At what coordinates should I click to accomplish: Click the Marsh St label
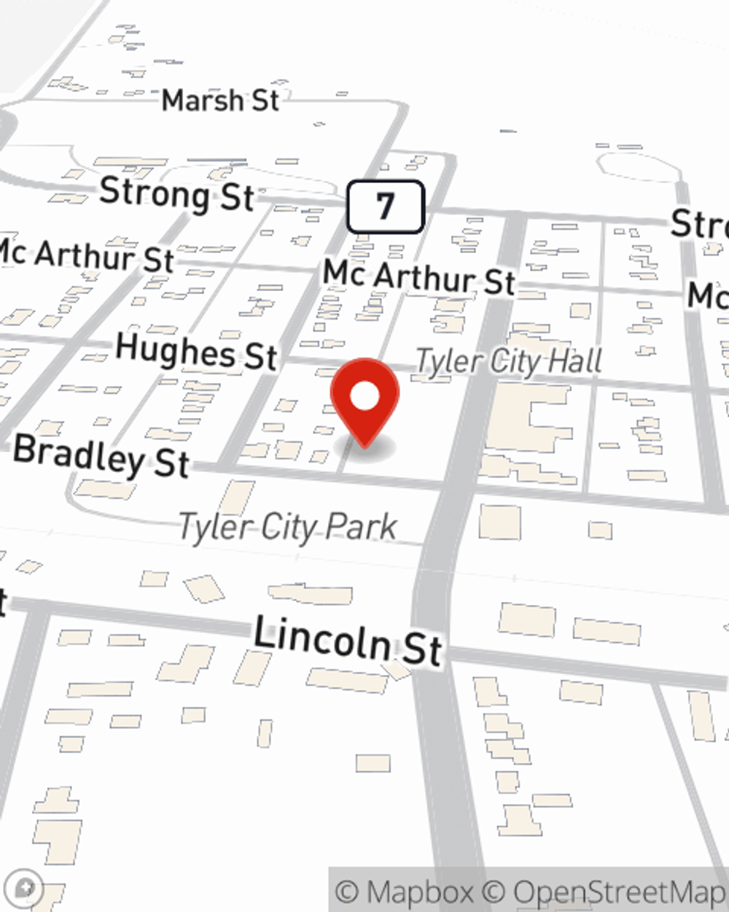click(x=220, y=100)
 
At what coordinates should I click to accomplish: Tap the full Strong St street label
click(x=176, y=194)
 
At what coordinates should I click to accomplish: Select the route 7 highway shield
click(x=385, y=206)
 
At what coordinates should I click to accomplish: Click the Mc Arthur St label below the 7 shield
click(x=419, y=278)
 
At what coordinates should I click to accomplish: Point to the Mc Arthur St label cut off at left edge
click(x=86, y=255)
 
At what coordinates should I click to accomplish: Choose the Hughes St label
click(x=196, y=351)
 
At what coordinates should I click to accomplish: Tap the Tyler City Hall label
click(x=509, y=361)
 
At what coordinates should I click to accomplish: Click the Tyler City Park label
click(x=289, y=527)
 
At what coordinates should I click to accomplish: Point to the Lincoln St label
click(x=348, y=640)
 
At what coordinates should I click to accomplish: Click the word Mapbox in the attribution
click(x=419, y=892)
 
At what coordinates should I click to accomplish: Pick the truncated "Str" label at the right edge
click(x=699, y=223)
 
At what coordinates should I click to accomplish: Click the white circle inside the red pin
click(x=364, y=397)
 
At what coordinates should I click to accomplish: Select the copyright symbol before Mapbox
click(x=348, y=892)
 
